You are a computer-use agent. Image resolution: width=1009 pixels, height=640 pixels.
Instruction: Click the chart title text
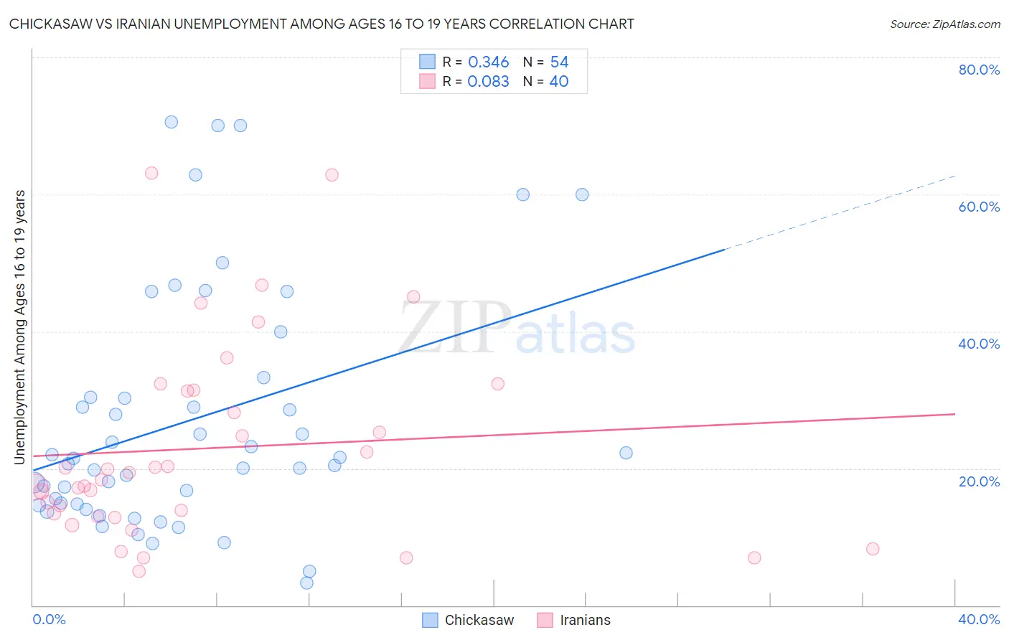tap(322, 24)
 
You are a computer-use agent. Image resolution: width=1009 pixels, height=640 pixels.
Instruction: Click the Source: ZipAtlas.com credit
tap(944, 24)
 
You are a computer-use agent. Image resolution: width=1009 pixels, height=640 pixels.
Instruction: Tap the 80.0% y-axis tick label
tap(979, 70)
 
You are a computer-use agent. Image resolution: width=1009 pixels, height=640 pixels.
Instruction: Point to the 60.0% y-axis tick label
tap(979, 207)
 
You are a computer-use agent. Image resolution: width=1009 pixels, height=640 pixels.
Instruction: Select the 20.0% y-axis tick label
tap(979, 481)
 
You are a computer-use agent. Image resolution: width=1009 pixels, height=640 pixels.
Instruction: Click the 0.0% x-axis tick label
tap(49, 619)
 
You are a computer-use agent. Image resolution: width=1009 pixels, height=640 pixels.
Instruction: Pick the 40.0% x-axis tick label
tap(979, 619)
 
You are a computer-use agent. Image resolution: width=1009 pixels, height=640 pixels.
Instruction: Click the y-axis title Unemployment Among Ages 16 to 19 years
tap(20, 326)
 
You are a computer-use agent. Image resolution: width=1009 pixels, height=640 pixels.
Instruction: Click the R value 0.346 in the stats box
tap(488, 62)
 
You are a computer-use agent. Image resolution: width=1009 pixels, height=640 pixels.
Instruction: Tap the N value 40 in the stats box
tap(558, 82)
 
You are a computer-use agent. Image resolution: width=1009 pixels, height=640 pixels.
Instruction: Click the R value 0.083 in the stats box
tap(488, 82)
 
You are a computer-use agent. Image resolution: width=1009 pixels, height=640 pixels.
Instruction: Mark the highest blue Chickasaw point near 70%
tap(172, 122)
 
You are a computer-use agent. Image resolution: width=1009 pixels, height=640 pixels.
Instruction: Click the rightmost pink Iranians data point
tap(873, 549)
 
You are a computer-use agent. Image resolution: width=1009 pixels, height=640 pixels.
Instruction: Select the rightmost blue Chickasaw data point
tap(626, 453)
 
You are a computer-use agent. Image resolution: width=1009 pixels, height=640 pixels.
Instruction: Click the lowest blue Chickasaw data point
tap(306, 583)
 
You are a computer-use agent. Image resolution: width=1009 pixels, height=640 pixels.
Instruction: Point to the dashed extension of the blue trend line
tap(840, 212)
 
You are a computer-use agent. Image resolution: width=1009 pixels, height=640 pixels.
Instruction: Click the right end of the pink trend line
tap(954, 414)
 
